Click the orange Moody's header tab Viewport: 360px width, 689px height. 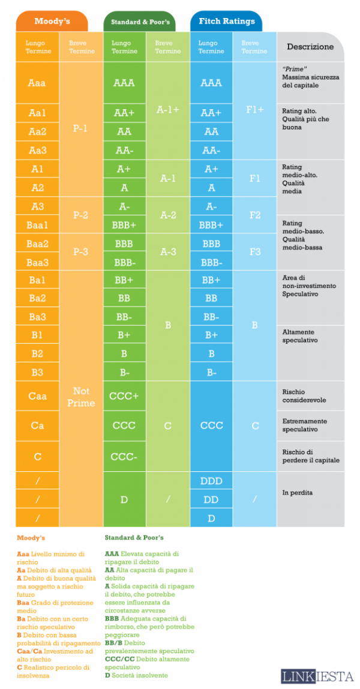[x=52, y=22]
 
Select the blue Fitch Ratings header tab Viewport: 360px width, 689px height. [x=226, y=22]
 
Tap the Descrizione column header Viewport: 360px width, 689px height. [x=310, y=47]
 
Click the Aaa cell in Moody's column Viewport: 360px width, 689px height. [x=37, y=83]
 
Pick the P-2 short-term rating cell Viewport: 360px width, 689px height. [x=81, y=215]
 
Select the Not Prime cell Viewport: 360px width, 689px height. [x=81, y=397]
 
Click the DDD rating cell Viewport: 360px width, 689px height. [x=211, y=481]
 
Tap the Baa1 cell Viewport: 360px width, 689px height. [x=37, y=225]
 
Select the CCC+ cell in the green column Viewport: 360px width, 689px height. [x=124, y=396]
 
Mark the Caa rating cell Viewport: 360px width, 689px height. [x=37, y=396]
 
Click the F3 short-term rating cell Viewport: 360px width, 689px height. [x=255, y=252]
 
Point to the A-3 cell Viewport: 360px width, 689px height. [x=168, y=252]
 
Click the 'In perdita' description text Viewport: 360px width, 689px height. [x=298, y=493]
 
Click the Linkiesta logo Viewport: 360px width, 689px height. [x=317, y=676]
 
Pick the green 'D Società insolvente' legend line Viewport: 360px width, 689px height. [x=136, y=675]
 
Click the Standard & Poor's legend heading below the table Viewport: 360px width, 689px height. [x=134, y=538]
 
